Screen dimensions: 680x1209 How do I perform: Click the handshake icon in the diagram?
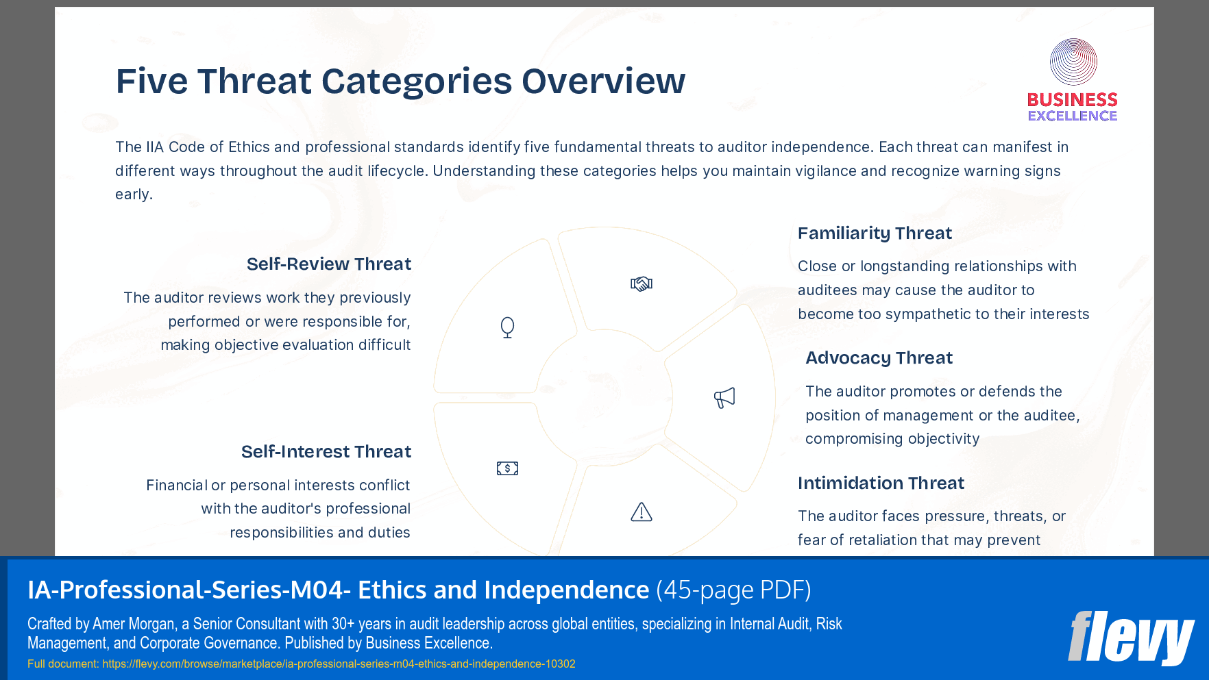[x=642, y=284]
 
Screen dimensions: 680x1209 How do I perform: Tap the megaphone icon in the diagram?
[x=724, y=397]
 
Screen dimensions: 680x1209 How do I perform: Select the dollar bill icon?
[x=507, y=468]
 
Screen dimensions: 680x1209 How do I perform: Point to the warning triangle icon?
[x=642, y=512]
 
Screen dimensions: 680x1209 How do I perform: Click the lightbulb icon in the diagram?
[x=507, y=327]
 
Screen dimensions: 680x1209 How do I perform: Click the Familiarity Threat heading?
[x=875, y=234]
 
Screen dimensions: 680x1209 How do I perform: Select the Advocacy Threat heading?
[x=879, y=358]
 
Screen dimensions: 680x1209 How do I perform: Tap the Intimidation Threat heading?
[x=881, y=483]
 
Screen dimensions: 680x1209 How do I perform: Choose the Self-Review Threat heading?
[x=329, y=264]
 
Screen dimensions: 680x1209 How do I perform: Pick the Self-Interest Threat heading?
[x=326, y=452]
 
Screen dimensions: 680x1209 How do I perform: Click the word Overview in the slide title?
[x=603, y=81]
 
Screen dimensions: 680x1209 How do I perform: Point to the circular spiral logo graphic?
[x=1073, y=62]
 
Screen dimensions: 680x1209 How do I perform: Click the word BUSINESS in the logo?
[x=1072, y=100]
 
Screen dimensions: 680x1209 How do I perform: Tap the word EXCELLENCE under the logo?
[x=1072, y=116]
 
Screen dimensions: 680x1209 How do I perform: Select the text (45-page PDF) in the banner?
[x=733, y=590]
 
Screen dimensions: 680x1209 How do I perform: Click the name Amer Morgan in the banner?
[x=134, y=624]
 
